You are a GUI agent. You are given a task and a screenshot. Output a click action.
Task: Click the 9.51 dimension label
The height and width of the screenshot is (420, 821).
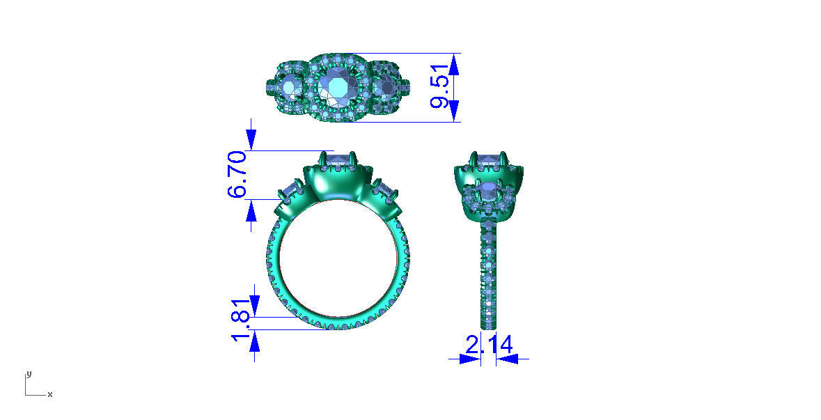439,88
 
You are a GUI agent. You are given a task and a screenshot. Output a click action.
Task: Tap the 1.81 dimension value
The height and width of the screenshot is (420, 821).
240,322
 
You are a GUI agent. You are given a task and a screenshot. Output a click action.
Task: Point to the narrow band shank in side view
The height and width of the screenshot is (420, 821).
489,279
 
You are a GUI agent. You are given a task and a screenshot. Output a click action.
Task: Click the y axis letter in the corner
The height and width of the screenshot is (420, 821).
29,374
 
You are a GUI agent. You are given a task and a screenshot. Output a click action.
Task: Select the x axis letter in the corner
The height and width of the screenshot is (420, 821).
49,395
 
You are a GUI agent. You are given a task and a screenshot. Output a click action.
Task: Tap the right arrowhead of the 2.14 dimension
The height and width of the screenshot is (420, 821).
504,359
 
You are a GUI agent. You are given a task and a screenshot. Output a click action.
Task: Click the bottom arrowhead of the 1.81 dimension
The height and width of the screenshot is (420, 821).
254,341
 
